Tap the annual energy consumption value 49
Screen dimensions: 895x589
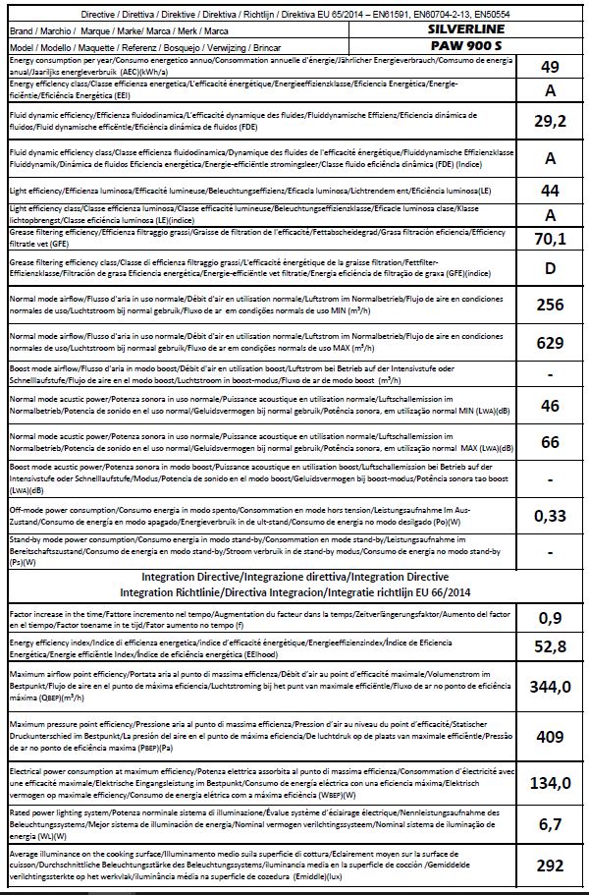551,67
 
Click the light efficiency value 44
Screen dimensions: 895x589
551,190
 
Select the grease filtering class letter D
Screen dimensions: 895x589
551,267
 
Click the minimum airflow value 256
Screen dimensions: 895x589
551,305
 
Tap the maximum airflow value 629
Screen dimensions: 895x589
551,343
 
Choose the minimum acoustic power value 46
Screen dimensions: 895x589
551,406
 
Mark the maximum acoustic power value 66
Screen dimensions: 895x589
551,443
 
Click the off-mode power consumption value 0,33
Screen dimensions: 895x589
551,515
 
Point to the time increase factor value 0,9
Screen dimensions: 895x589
551,619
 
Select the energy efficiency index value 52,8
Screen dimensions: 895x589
551,650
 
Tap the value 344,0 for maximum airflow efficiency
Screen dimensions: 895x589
551,688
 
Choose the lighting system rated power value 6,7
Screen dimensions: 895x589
551,824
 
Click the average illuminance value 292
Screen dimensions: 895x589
551,865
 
